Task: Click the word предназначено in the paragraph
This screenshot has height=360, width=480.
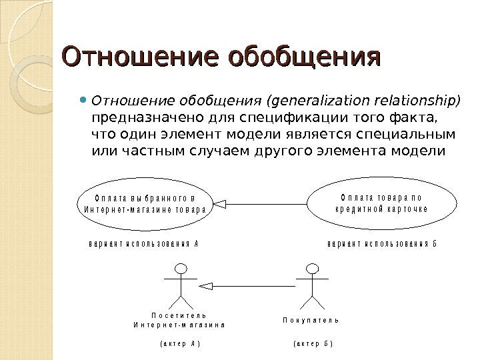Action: click(x=133, y=118)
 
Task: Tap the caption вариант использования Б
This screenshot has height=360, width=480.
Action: click(x=382, y=243)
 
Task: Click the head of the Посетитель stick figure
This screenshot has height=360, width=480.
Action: click(x=180, y=268)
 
